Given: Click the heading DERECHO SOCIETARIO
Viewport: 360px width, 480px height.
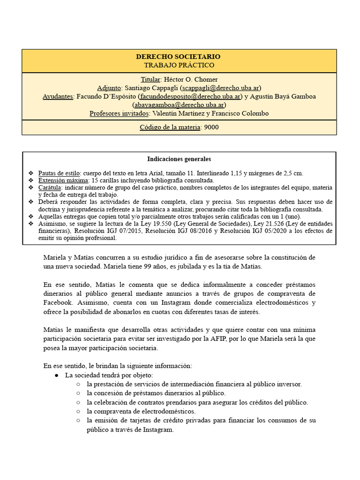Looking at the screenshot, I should (179, 57).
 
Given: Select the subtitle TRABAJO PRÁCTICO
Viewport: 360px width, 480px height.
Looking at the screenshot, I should (179, 65).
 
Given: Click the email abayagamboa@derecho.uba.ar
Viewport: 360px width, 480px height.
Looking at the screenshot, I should (179, 105).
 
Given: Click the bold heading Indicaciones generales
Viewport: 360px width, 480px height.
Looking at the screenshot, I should (179, 159).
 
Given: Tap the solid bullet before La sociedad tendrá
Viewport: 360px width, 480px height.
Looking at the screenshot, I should (56, 375).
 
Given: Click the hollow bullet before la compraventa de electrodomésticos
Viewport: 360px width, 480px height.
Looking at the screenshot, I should (78, 411).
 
